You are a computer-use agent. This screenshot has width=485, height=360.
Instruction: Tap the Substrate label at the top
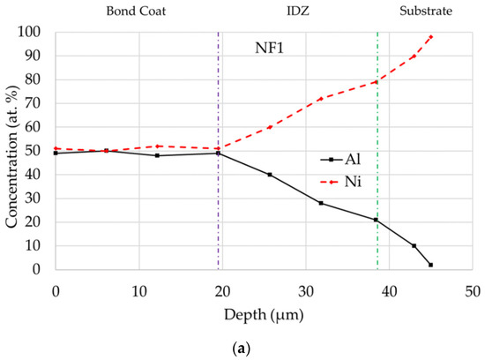(427, 11)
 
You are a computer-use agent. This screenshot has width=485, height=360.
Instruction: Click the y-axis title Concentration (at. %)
(12, 150)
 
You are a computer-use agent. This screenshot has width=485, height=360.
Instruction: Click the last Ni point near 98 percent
(431, 36)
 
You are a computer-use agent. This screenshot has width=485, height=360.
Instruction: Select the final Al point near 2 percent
(431, 265)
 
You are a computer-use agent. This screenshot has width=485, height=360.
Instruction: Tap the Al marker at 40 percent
(270, 175)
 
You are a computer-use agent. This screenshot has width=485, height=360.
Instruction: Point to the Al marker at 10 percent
(414, 246)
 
